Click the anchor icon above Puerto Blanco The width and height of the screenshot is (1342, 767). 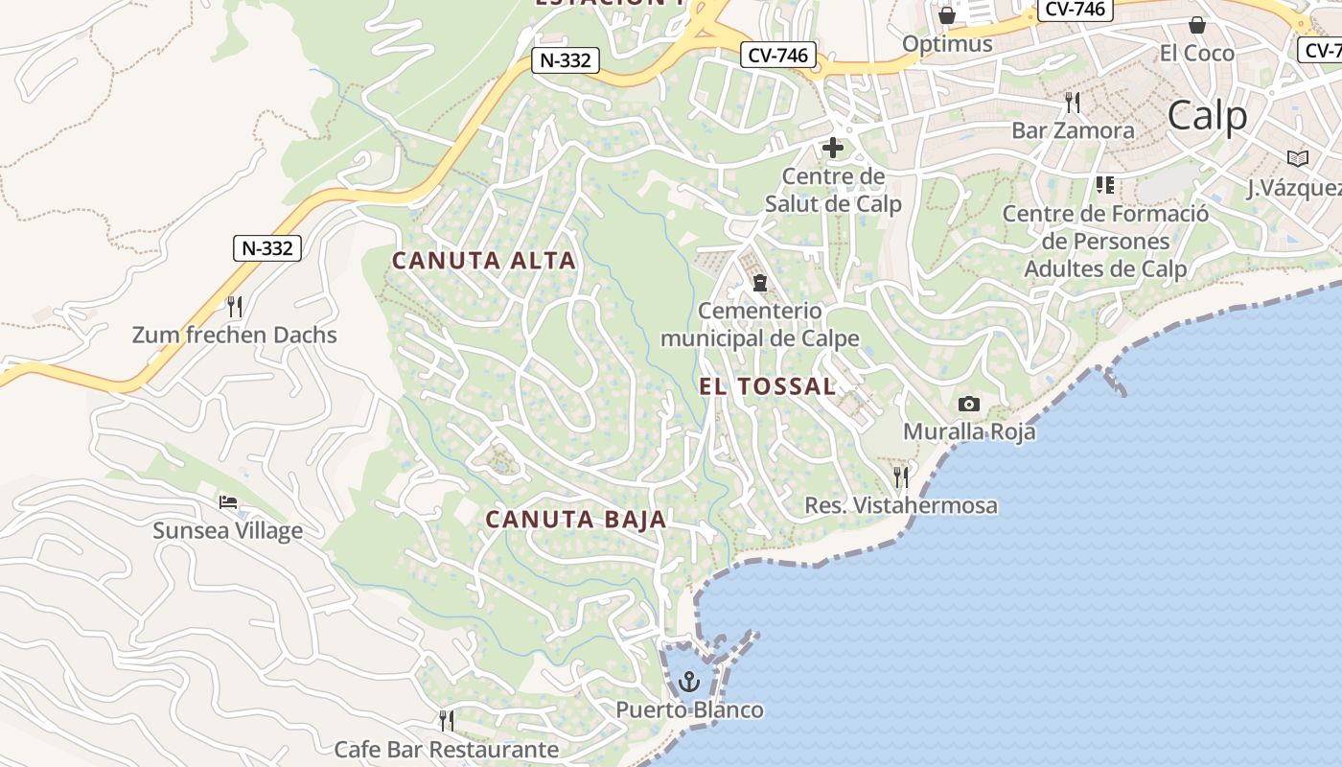coord(688,683)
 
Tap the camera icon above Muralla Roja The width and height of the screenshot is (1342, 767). coord(969,405)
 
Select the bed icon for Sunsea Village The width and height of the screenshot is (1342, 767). coord(227,502)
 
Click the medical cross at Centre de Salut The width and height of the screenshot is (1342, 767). coord(832,148)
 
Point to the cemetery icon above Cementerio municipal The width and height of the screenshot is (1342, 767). coord(760,283)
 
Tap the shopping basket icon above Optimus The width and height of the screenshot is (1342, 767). coord(947,15)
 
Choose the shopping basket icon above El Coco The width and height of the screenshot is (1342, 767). coord(1196,24)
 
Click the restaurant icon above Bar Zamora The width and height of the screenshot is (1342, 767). coord(1073,102)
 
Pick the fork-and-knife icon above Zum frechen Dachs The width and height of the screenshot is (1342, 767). coord(234,307)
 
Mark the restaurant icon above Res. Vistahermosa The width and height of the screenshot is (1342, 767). coord(901,476)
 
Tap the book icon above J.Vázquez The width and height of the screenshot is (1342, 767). coord(1298,158)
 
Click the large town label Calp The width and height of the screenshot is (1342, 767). coord(1208,116)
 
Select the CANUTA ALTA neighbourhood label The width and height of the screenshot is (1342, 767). coord(484,260)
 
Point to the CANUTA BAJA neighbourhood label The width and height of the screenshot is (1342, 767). coord(575,520)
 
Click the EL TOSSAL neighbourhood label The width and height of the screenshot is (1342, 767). coord(768,386)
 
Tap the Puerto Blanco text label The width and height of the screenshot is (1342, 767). coord(689,710)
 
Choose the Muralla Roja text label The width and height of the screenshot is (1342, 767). coord(969,431)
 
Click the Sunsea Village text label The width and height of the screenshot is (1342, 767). coord(228,530)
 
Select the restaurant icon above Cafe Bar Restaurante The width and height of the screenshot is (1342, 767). coord(446,719)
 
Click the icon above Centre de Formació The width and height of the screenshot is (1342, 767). coord(1105,184)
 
